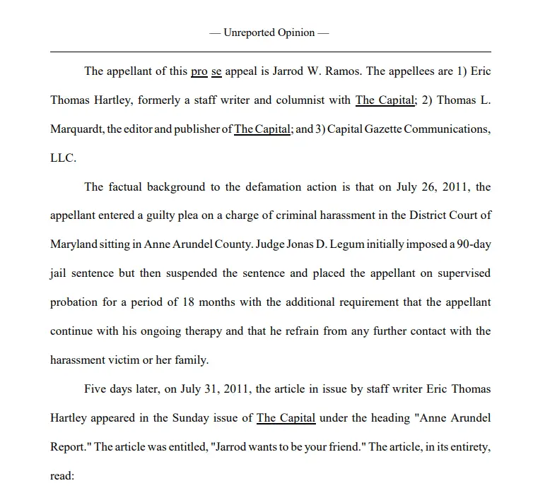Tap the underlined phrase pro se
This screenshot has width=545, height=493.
point(206,71)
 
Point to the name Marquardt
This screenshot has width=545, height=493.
point(76,129)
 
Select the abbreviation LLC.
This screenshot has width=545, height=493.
point(62,158)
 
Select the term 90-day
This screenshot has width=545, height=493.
point(471,244)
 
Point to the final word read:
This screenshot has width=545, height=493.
point(61,476)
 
